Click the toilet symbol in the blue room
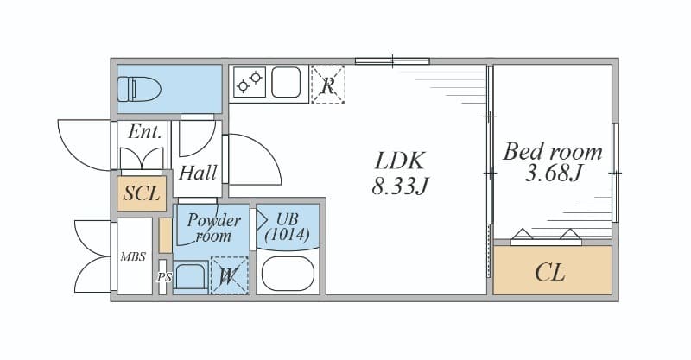[139, 89]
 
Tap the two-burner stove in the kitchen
[250, 82]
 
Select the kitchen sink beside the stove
[286, 82]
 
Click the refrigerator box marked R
[327, 84]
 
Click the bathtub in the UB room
[288, 274]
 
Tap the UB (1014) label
[288, 226]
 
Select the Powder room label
[213, 227]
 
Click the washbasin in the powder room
[191, 277]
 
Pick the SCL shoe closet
[142, 193]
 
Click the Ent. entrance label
[144, 132]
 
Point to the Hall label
[198, 173]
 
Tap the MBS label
[133, 256]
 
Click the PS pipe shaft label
[164, 278]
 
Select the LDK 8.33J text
[400, 174]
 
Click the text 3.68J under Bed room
[554, 174]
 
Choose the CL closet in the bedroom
[552, 269]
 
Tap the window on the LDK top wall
[392, 61]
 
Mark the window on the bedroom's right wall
[615, 173]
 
